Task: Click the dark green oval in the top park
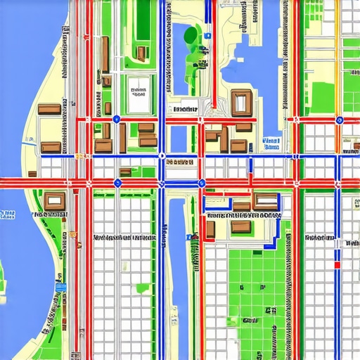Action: click(x=190, y=35)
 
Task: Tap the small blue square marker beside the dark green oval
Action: click(x=207, y=35)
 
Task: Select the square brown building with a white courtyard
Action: click(x=240, y=103)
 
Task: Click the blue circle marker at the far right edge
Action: click(x=340, y=120)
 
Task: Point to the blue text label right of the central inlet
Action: click(x=270, y=145)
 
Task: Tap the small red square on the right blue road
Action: click(x=337, y=265)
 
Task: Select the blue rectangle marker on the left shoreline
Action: click(x=60, y=288)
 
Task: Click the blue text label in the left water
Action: click(x=7, y=214)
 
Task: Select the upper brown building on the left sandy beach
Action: click(x=49, y=109)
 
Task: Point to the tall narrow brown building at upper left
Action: click(x=104, y=54)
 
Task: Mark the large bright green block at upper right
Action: click(x=324, y=98)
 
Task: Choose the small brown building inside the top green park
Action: click(x=141, y=53)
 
